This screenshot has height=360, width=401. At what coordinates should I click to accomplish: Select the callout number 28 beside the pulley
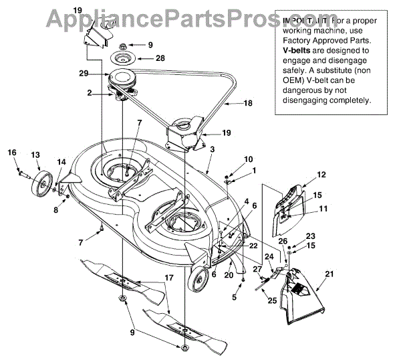160,58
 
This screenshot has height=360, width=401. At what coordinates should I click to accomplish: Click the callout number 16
11,153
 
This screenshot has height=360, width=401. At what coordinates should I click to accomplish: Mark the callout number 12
321,175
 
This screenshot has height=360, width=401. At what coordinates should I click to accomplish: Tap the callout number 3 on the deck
212,150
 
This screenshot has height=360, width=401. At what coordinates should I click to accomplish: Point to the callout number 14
61,161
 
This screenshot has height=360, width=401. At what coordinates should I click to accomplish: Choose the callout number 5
235,297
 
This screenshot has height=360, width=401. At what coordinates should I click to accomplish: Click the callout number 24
269,255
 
